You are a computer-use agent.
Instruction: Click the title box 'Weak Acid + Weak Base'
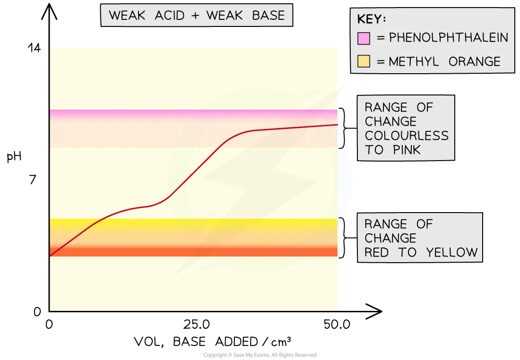point(197,15)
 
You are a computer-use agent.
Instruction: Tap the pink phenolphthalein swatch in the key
point(364,38)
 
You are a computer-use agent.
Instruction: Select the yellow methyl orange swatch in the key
point(364,61)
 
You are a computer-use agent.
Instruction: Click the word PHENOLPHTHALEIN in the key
point(448,37)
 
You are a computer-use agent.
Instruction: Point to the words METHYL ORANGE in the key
point(445,61)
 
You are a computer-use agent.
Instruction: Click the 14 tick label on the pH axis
point(34,48)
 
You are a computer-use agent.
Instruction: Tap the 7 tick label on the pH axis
point(33,180)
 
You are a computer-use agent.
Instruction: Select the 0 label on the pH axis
point(37,311)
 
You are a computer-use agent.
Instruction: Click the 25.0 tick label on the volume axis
point(196,325)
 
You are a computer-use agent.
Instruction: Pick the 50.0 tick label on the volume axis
point(337,325)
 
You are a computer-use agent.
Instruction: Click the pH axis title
point(14,156)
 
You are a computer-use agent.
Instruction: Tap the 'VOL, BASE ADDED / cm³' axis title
point(213,342)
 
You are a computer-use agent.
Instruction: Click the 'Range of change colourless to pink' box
point(406,128)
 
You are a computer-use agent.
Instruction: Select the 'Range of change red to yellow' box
point(420,238)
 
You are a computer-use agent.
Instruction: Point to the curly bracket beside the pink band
point(344,128)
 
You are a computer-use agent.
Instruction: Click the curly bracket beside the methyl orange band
point(344,238)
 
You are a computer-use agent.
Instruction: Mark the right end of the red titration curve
point(338,125)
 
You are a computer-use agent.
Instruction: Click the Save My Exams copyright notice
point(260,355)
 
